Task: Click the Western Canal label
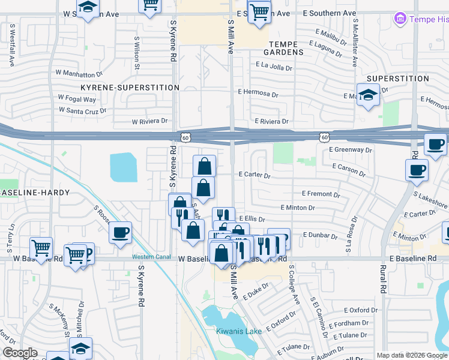(x=148, y=257)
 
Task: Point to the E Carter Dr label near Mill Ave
(x=255, y=176)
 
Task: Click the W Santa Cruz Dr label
(x=83, y=110)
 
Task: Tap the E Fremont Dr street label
(x=321, y=194)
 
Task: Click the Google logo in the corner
(x=20, y=353)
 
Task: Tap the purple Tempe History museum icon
(x=400, y=19)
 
